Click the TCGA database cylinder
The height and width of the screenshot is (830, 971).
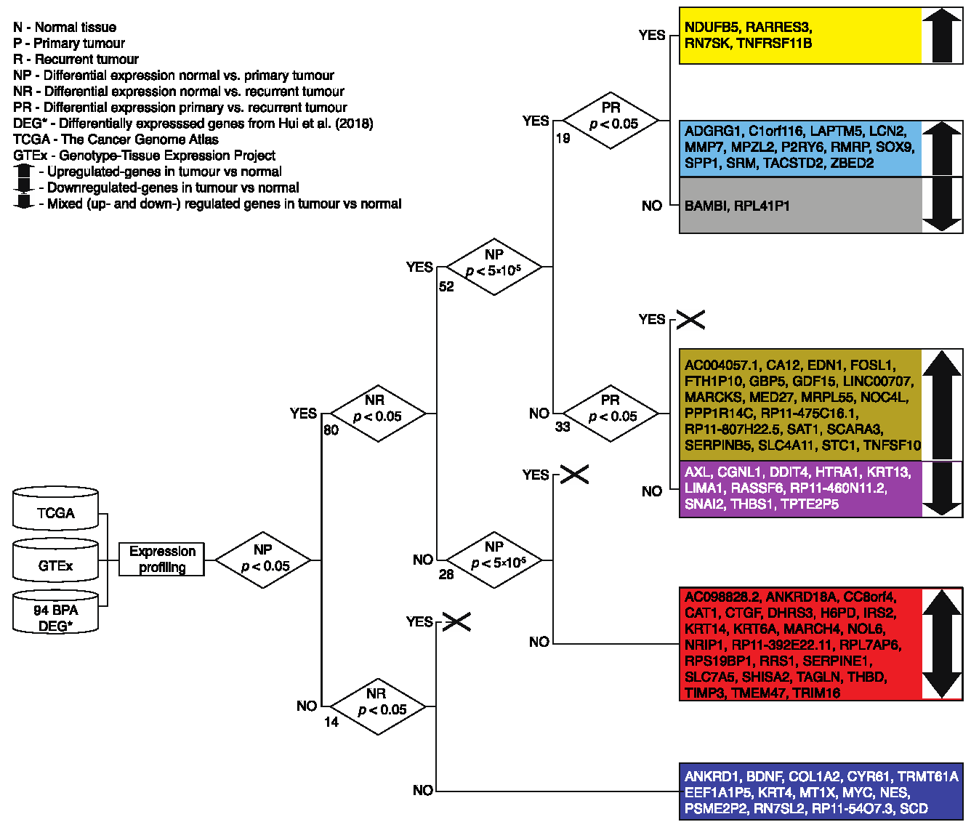55,509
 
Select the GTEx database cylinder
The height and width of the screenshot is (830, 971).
55,561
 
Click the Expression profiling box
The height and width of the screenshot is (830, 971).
162,560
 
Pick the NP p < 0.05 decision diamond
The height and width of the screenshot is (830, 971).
263,559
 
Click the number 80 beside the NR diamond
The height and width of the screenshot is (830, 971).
331,430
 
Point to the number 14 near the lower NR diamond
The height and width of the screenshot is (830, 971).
331,722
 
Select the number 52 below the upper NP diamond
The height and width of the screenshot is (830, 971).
446,287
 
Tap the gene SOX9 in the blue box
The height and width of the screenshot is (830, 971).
895,148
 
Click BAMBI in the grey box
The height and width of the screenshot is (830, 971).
705,206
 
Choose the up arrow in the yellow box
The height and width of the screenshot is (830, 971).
942,36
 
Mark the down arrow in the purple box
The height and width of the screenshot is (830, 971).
942,488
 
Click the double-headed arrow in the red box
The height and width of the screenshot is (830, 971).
942,644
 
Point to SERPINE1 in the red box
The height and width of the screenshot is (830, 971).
835,661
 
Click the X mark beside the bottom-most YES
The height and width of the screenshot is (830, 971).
457,622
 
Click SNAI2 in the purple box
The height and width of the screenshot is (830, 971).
704,504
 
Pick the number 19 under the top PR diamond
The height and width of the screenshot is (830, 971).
563,138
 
